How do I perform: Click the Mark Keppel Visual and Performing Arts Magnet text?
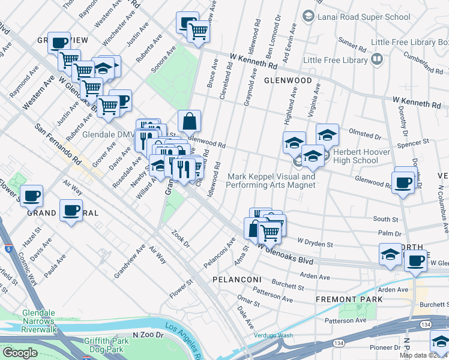click(x=271, y=181)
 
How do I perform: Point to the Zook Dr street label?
click(x=180, y=240)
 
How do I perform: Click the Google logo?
click(x=19, y=353)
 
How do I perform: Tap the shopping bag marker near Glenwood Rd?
click(x=189, y=122)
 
